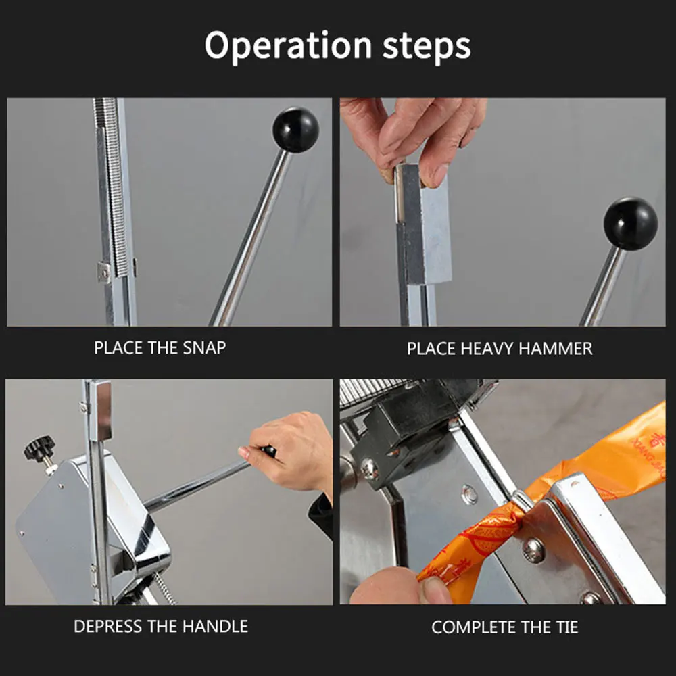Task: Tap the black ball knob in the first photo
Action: pyautogui.click(x=296, y=130)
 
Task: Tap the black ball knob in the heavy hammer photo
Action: pyautogui.click(x=630, y=224)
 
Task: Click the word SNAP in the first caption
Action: pyautogui.click(x=204, y=347)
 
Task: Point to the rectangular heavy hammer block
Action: pyautogui.click(x=424, y=224)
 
